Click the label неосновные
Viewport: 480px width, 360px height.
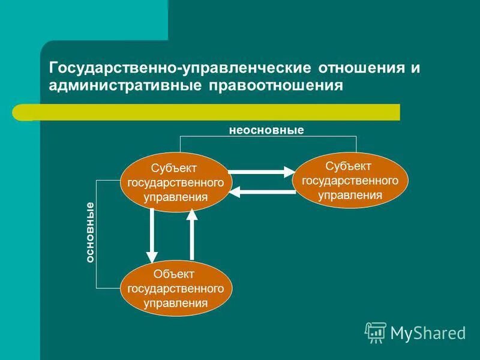click(x=266, y=130)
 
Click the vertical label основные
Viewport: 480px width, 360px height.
click(x=90, y=233)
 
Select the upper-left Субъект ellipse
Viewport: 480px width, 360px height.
click(x=175, y=182)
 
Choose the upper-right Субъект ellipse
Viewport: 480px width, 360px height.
click(x=350, y=180)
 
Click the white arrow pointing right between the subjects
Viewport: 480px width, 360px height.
click(x=259, y=172)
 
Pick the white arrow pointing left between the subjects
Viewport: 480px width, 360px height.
click(x=259, y=192)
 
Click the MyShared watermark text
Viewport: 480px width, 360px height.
click(x=428, y=332)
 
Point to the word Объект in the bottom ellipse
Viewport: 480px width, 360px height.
click(x=174, y=274)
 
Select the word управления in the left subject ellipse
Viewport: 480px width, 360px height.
click(x=175, y=196)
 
